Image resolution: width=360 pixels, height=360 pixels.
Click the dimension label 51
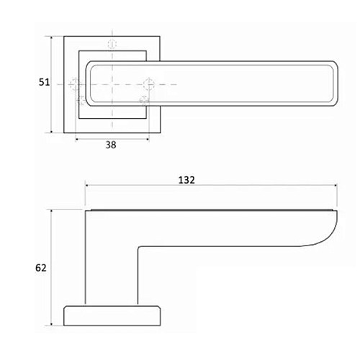coord(44,82)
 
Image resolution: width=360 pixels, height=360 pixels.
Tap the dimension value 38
coord(111,145)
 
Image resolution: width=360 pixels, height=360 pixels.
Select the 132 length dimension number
coord(186,180)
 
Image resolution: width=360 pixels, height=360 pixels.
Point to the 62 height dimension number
coord(40,268)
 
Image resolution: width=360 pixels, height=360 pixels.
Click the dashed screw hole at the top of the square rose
coord(112,44)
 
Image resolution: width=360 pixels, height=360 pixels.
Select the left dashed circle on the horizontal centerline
coord(75,84)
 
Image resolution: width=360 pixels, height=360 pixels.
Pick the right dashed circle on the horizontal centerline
coord(148,84)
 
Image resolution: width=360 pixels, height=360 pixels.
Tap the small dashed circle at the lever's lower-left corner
coord(81,100)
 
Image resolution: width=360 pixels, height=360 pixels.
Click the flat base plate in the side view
coord(112,315)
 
